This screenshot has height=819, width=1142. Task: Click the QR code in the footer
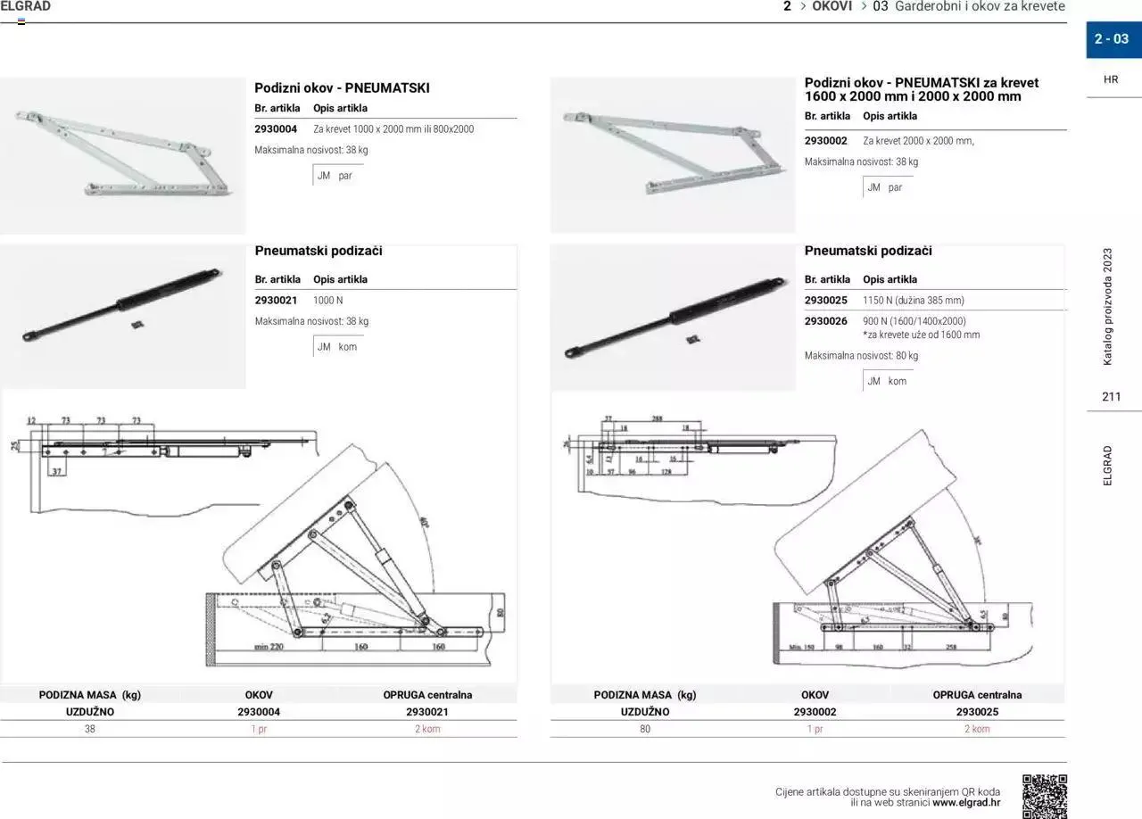[1044, 795]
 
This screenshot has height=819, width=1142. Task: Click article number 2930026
[825, 321]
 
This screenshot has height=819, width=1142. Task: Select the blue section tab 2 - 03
[1113, 39]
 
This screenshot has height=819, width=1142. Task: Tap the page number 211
[1111, 397]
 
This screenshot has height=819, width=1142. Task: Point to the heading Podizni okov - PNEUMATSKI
[342, 88]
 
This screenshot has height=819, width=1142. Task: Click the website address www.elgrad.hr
[966, 803]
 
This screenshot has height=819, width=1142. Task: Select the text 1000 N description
[327, 301]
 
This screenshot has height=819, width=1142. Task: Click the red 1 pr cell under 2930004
[259, 729]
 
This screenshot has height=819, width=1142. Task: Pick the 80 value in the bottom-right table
[645, 729]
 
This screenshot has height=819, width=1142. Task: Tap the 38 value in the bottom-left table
[89, 729]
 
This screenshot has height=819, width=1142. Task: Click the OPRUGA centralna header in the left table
[427, 695]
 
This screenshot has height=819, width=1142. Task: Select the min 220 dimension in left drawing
[268, 647]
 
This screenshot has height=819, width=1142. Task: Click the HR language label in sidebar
[1111, 79]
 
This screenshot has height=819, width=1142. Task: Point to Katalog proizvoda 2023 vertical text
[1108, 306]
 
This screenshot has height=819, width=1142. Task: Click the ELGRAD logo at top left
[26, 7]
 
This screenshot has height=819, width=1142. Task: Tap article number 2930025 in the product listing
[825, 301]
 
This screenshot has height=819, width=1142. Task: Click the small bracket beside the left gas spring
[136, 325]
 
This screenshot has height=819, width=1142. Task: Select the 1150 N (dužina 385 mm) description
[913, 301]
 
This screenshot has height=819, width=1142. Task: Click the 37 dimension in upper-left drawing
[57, 471]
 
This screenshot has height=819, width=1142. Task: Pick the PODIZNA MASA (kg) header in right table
[644, 695]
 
